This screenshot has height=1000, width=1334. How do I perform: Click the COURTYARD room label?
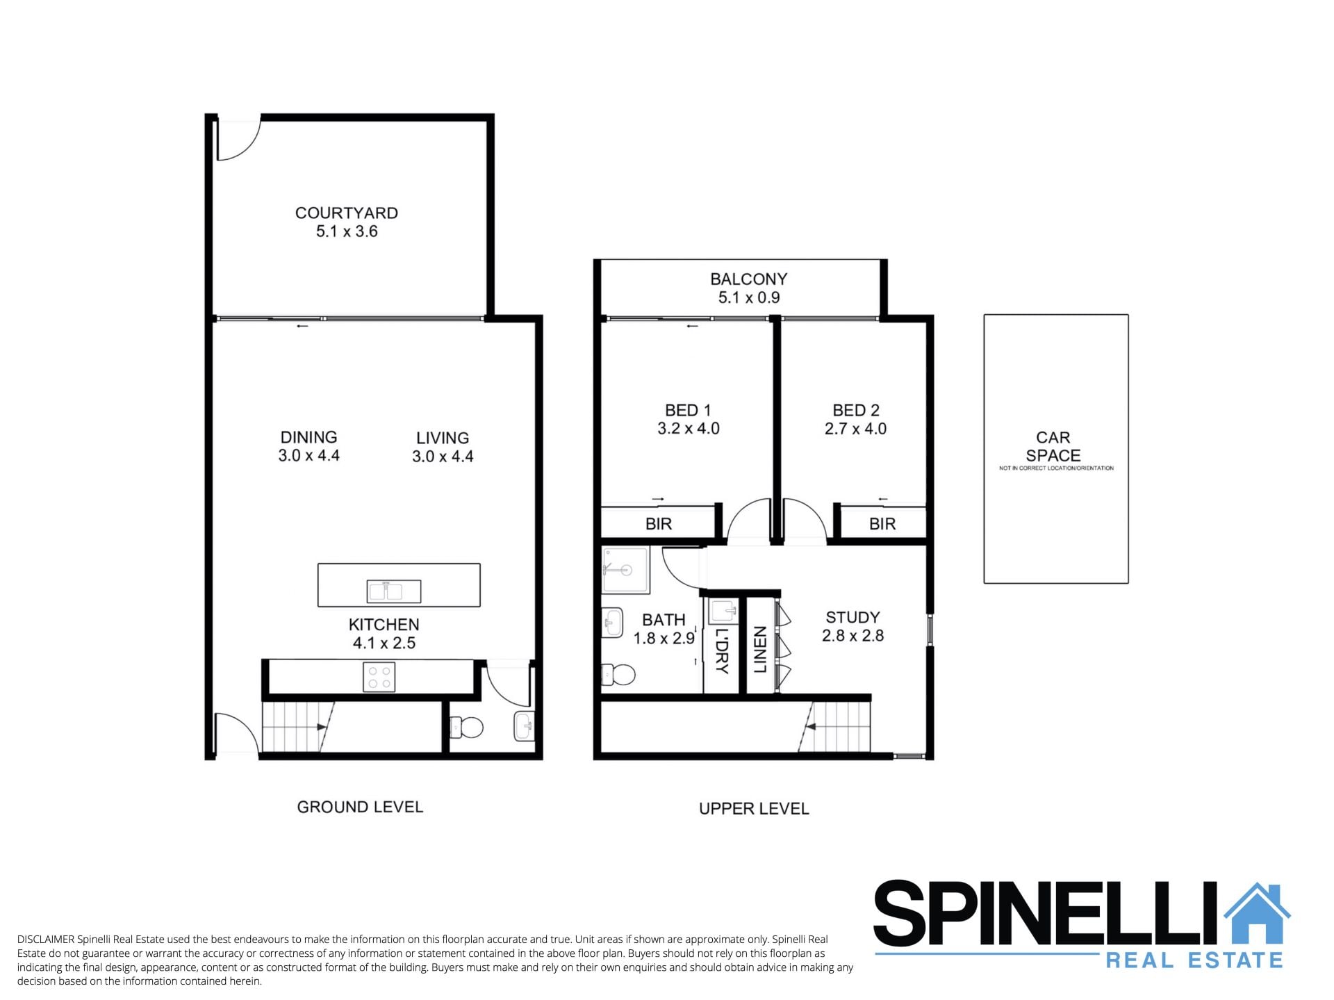346,213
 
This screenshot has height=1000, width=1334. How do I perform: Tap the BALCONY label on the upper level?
748,279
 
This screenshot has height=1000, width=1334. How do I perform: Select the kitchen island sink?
394,591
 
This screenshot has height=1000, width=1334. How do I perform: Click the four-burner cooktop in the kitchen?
379,677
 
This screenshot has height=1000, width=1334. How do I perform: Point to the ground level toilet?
467,728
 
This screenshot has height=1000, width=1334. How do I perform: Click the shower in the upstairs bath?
625,570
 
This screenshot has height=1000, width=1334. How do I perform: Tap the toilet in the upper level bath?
618,674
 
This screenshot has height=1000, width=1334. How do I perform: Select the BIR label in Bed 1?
659,524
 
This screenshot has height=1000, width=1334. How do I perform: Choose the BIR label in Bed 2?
882,524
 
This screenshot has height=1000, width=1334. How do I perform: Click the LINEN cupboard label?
760,649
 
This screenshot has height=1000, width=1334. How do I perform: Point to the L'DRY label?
722,651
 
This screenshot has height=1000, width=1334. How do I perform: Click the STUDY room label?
853,617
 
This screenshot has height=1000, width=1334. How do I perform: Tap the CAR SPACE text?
1053,447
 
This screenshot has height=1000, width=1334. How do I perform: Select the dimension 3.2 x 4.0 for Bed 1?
689,429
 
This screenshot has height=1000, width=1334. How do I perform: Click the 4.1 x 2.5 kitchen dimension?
384,643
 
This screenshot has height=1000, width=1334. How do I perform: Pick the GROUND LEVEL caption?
360,807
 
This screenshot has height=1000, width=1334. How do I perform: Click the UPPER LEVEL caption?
754,809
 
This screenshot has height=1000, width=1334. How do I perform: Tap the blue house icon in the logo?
1257,912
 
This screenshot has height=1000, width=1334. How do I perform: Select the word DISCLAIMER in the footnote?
46,940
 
